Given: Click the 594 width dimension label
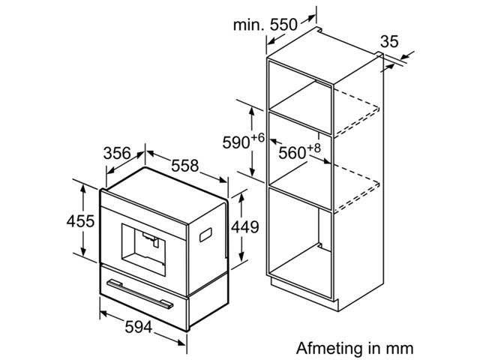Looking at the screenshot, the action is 138,327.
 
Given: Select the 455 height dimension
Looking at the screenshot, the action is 80,221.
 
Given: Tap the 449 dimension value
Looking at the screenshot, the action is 245,227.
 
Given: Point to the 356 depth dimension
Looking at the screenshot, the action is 117,153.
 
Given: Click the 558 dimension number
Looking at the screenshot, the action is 185,166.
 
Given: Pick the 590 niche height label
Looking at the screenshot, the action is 236,142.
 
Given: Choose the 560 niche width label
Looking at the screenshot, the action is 292,153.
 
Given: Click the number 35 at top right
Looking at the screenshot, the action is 389,41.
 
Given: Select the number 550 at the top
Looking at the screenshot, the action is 283,25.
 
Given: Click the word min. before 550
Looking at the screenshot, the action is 248,25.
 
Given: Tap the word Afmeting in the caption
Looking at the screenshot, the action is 329,348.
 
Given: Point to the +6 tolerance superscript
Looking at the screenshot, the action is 258,138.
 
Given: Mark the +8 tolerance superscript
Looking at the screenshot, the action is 313,148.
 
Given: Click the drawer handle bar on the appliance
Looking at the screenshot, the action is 140,294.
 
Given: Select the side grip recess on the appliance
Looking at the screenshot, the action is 205,235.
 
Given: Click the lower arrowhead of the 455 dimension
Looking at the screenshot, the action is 83,252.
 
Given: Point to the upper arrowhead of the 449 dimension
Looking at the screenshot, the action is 241,198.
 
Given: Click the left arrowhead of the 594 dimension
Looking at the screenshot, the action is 104,314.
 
